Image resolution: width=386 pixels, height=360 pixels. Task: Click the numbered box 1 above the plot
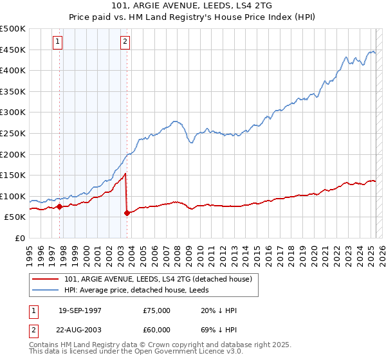point(58,42)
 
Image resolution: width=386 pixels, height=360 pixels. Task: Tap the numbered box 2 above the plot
point(125,42)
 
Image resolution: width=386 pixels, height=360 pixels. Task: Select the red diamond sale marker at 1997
point(60,206)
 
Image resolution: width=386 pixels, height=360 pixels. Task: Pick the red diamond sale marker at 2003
point(127,213)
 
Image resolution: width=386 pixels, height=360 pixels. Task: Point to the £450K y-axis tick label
point(12,50)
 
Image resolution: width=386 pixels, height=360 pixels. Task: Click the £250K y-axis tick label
point(12,133)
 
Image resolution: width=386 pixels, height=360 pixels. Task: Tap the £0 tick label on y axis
point(20,238)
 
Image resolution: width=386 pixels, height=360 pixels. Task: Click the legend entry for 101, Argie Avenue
point(161,279)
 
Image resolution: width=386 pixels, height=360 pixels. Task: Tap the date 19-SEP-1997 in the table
point(80,310)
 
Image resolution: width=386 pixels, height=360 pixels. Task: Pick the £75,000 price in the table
point(157,310)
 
